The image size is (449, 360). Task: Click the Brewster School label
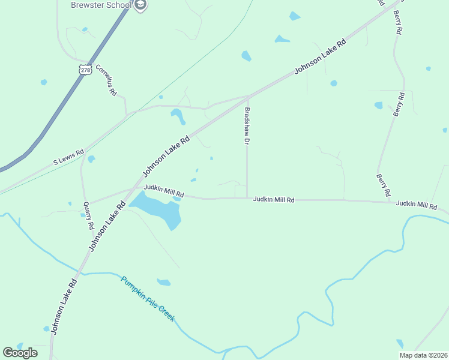click(x=101, y=5)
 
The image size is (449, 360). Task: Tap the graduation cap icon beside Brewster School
click(x=140, y=5)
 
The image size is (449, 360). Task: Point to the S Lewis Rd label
click(x=68, y=158)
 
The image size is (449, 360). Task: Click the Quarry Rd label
click(x=88, y=215)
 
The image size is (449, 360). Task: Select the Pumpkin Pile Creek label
click(x=148, y=298)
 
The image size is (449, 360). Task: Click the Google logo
click(x=20, y=353)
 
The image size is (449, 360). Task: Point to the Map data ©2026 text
click(x=423, y=355)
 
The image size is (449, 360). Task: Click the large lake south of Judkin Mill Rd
click(x=158, y=210)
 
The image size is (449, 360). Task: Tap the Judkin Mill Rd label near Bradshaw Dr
click(x=274, y=199)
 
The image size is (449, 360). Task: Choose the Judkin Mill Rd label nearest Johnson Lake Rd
click(x=163, y=191)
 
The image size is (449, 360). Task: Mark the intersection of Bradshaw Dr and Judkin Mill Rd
click(x=247, y=197)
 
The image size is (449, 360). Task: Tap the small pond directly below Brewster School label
click(x=84, y=29)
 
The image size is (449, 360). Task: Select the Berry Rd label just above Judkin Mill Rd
click(x=384, y=185)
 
